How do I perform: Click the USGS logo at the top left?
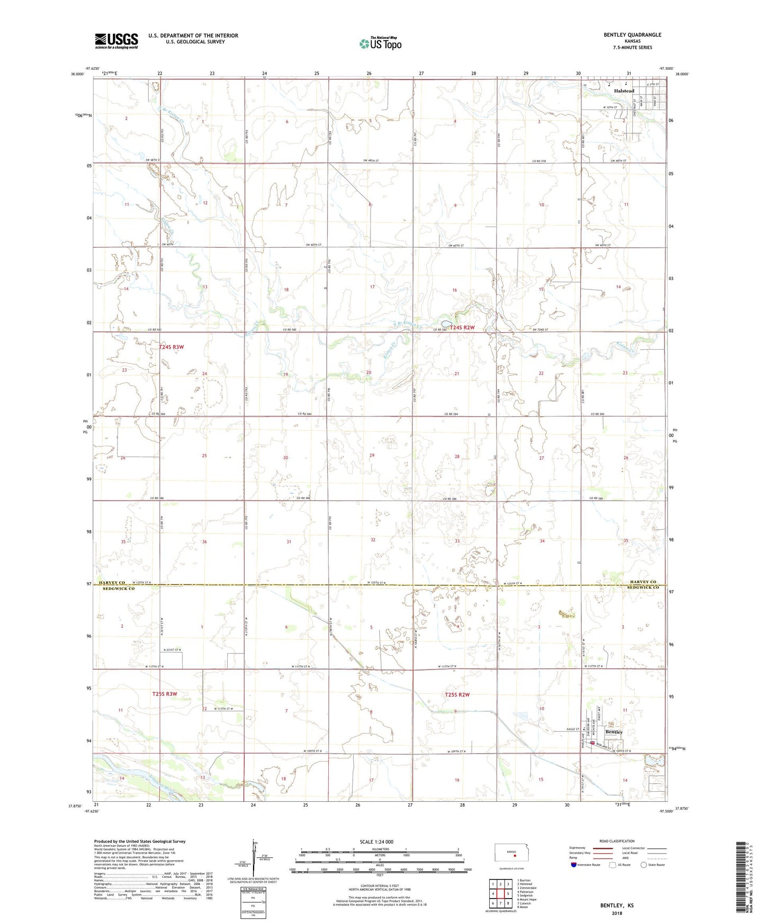(116, 41)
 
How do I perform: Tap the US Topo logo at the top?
(380, 43)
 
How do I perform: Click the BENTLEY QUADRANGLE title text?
(632, 35)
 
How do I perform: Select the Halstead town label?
(624, 91)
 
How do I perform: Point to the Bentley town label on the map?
(614, 732)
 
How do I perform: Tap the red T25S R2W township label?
(457, 694)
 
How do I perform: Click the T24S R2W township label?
(462, 328)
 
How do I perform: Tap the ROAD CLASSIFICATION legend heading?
(616, 841)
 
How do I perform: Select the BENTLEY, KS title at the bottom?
(617, 905)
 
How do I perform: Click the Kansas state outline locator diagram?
(511, 853)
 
